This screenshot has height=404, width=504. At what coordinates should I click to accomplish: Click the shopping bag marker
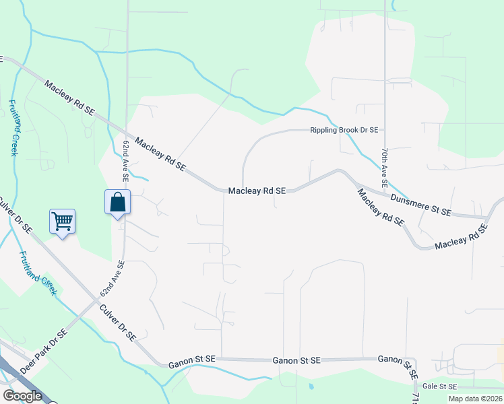(117, 202)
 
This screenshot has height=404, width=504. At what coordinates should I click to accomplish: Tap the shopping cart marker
(62, 220)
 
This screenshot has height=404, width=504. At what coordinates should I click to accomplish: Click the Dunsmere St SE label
(420, 204)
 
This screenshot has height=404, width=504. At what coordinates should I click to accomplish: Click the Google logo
(22, 396)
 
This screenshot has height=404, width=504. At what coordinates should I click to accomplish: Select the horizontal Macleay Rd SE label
(257, 191)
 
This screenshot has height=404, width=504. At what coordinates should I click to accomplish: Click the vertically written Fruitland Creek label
(13, 128)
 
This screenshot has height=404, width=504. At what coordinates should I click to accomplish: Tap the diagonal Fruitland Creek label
(38, 273)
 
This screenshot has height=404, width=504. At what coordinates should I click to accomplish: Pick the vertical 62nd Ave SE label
(125, 161)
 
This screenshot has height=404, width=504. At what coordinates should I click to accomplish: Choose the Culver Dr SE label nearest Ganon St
(118, 323)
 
